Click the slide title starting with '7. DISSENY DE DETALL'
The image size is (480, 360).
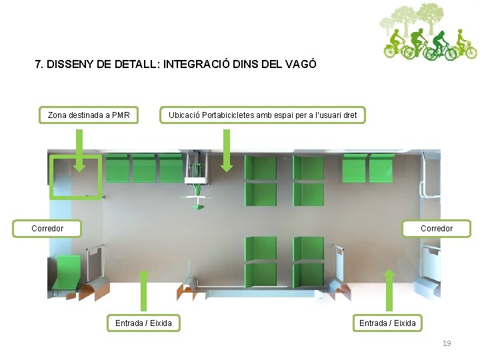click(x=175, y=65)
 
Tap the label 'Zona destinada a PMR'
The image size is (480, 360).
click(x=89, y=115)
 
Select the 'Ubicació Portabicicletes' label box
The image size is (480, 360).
click(x=263, y=115)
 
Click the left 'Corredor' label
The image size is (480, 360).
click(x=47, y=229)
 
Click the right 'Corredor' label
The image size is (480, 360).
click(x=436, y=229)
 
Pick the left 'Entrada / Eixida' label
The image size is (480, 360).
click(x=143, y=323)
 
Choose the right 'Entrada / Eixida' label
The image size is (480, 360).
click(x=387, y=323)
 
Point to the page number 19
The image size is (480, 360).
click(x=447, y=343)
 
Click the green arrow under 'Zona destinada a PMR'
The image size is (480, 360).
click(x=79, y=150)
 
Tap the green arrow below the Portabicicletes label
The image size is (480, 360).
click(x=226, y=150)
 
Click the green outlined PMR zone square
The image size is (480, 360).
click(x=76, y=177)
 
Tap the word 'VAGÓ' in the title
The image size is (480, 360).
click(x=300, y=65)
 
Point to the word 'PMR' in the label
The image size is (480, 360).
click(x=121, y=115)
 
